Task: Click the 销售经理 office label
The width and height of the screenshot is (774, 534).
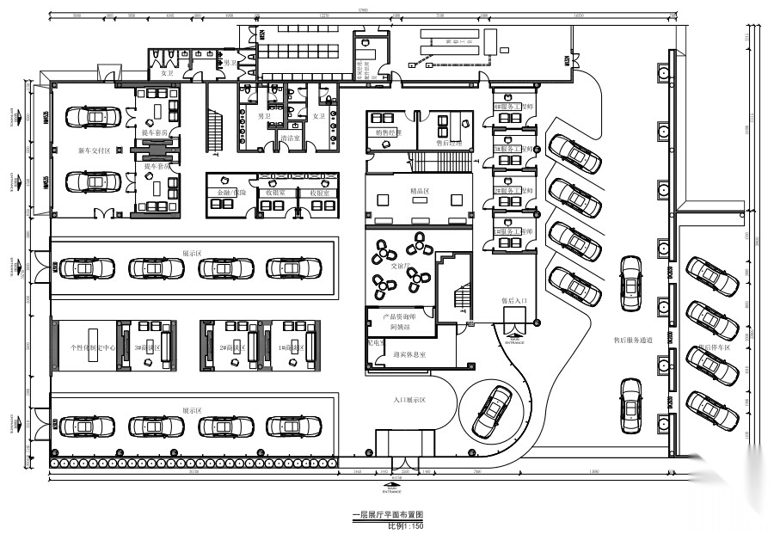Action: (x=390, y=132)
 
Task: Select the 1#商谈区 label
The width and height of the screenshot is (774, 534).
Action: (x=294, y=347)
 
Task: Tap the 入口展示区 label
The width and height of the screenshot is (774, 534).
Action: (x=410, y=400)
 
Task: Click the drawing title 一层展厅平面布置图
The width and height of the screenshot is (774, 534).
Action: (x=388, y=515)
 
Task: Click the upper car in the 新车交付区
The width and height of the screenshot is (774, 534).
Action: (x=91, y=115)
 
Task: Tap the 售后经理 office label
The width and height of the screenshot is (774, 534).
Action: (x=450, y=144)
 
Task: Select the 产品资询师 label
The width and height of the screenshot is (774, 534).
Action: (x=401, y=317)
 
